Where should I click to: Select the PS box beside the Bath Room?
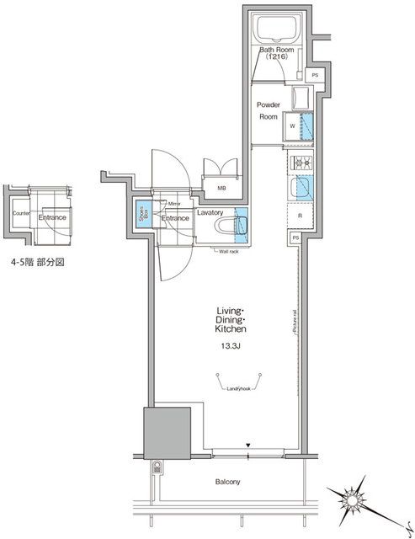point(315,76)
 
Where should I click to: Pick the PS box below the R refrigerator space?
point(295,239)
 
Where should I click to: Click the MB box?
point(221,188)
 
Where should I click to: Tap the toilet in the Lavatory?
point(237,225)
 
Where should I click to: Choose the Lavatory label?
point(210,213)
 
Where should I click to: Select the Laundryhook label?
point(242,388)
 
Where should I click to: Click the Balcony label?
point(227,482)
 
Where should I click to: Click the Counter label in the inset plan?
point(22,215)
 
